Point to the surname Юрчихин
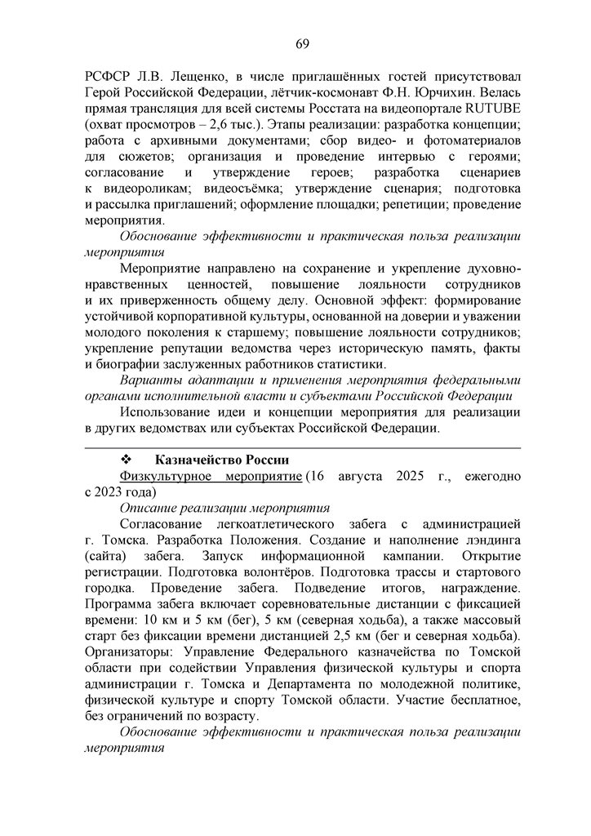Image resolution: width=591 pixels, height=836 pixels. tap(450, 95)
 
